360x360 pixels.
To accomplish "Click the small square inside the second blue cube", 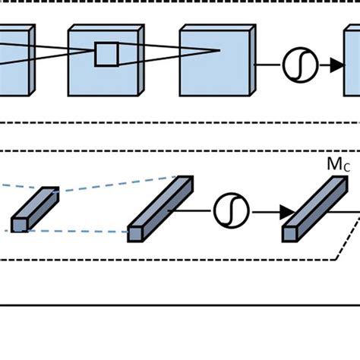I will point(106,55).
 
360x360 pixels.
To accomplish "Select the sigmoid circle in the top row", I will point(300,65).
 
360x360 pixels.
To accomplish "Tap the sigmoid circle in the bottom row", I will point(231,211).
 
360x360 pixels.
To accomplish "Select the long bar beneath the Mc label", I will point(316,208).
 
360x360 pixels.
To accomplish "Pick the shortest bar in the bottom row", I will point(35,209).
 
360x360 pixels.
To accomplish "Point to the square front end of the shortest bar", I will point(19,225).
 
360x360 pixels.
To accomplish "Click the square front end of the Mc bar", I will point(289,234).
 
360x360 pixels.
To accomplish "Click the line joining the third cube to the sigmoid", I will point(267,65).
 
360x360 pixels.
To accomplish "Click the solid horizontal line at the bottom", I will point(180,305).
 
